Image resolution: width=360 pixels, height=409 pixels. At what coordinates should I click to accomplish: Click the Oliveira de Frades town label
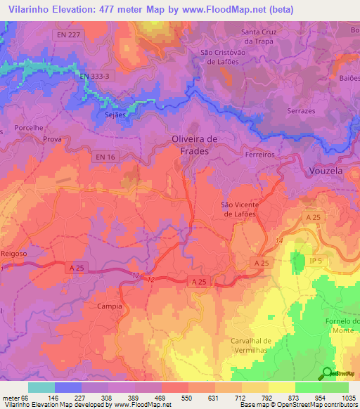tap(195, 145)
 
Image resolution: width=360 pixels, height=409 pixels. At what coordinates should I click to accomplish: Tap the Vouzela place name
tap(328, 170)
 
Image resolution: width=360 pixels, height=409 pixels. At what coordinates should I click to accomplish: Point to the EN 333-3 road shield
tap(95, 76)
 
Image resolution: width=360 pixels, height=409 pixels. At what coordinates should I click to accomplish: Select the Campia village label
tap(111, 307)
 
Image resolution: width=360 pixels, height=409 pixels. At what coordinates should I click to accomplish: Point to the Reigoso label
tap(14, 252)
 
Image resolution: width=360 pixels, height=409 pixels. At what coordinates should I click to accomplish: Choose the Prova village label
tap(53, 139)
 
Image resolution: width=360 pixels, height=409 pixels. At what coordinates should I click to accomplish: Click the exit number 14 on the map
tap(279, 241)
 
